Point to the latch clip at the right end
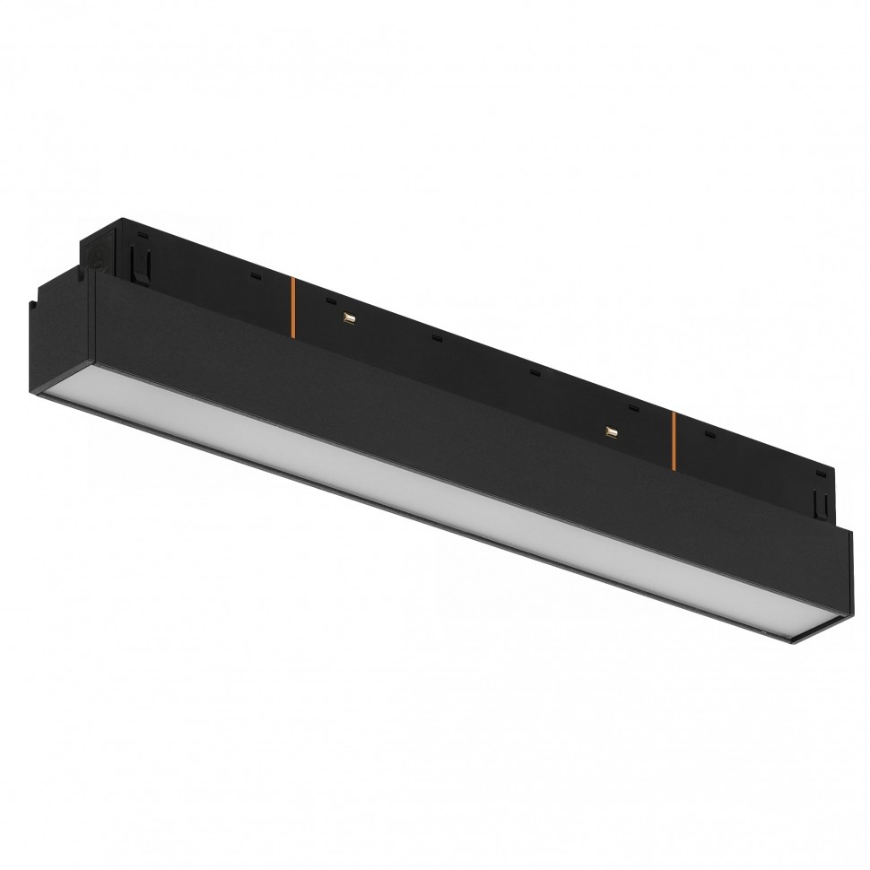(818, 497)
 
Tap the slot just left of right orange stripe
(633, 408)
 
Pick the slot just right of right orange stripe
(709, 435)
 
